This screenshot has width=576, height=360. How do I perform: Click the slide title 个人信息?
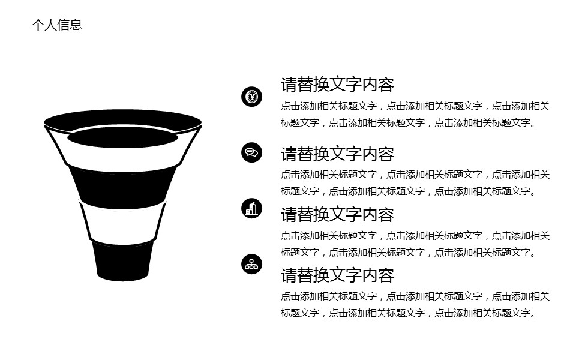[57, 25]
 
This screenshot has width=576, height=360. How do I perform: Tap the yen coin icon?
[251, 97]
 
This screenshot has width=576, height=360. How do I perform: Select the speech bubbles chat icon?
[251, 152]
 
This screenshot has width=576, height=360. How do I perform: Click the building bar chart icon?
[251, 208]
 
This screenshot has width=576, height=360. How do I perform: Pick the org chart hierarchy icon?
[251, 264]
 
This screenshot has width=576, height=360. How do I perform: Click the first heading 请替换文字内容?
[337, 85]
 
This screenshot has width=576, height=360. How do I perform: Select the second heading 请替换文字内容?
[337, 154]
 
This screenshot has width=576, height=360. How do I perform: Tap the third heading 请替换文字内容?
[337, 215]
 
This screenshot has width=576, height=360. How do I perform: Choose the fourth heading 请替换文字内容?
[337, 275]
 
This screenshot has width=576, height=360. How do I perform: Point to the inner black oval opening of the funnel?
[122, 137]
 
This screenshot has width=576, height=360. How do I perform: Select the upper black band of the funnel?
[122, 187]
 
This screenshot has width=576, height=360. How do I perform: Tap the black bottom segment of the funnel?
[122, 261]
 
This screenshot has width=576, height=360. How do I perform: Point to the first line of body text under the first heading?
[415, 106]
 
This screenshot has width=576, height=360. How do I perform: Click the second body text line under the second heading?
[409, 191]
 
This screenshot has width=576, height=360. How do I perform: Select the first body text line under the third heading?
[415, 235]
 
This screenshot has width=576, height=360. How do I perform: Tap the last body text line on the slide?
[409, 313]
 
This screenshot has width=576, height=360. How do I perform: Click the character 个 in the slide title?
[38, 25]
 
